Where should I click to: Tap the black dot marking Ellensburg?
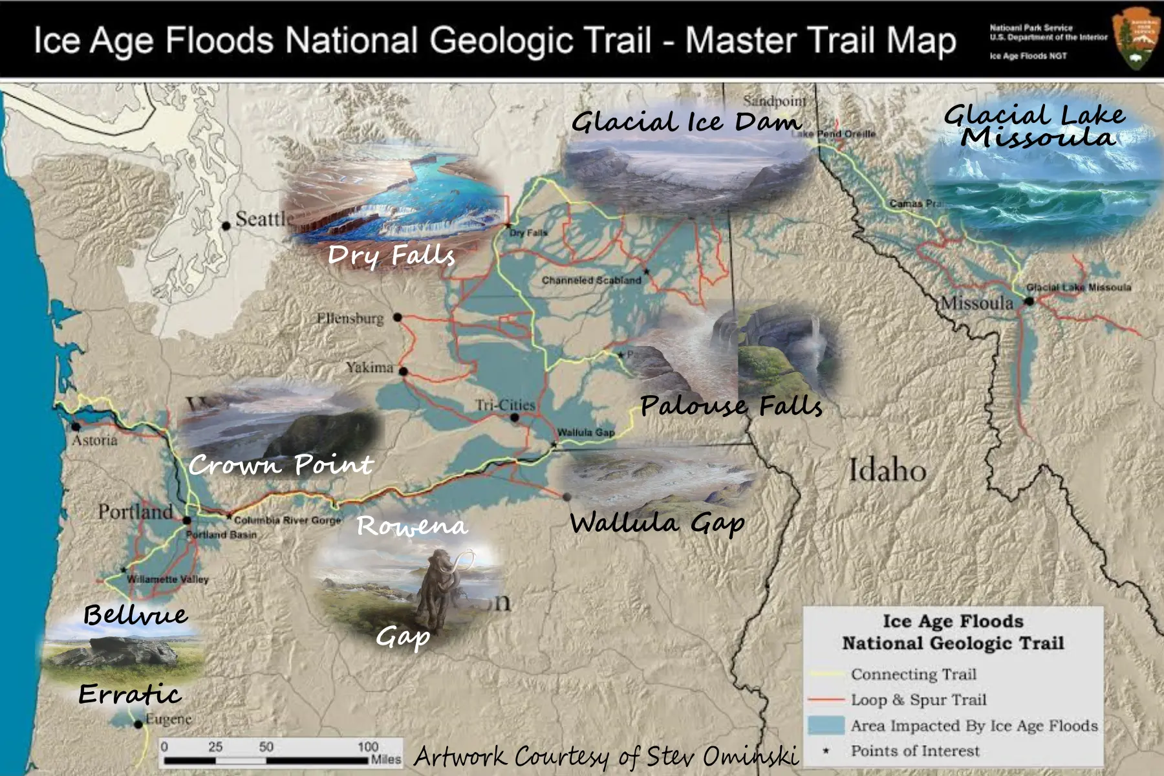point(398,318)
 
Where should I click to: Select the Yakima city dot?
point(403,371)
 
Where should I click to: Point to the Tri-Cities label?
point(505,405)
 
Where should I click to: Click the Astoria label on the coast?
point(94,440)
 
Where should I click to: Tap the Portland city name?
point(135,512)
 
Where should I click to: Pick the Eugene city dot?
point(138,724)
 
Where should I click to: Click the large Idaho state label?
point(887,469)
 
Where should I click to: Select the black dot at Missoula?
point(1029,301)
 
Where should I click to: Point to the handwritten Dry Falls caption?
point(391,255)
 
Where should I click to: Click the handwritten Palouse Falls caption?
point(731,406)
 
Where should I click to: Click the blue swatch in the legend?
point(825,726)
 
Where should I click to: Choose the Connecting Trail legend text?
point(913,674)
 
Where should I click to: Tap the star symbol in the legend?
point(826,751)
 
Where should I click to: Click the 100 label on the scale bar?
point(367,747)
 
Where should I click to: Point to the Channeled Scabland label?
point(591,280)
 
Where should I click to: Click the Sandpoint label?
point(774,102)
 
